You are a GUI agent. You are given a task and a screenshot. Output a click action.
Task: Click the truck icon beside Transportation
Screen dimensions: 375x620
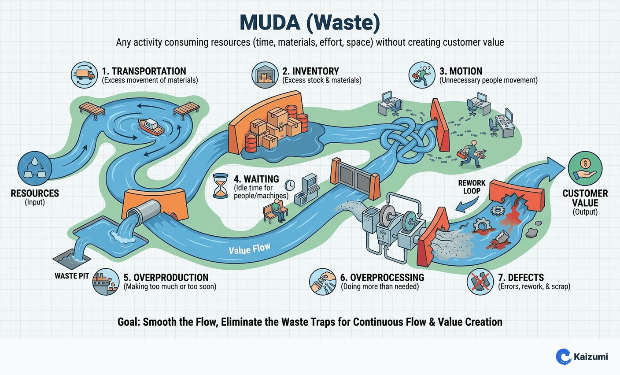pyautogui.click(x=84, y=75)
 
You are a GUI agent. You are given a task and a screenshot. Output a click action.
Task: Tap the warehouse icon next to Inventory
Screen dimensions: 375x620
pyautogui.click(x=265, y=75)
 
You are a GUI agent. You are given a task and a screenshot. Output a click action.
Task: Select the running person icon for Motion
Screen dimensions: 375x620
pyautogui.click(x=422, y=75)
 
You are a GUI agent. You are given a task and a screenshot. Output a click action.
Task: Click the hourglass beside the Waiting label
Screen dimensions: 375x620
pyautogui.click(x=221, y=186)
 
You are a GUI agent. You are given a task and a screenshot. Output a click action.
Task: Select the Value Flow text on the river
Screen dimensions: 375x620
pyautogui.click(x=249, y=249)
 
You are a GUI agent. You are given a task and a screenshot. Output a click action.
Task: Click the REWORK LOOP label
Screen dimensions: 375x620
pyautogui.click(x=472, y=187)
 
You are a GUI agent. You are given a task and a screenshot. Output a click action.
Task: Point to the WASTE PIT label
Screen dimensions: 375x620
pyautogui.click(x=72, y=276)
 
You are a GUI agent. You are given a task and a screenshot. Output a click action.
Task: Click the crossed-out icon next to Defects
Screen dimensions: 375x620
pyautogui.click(x=480, y=282)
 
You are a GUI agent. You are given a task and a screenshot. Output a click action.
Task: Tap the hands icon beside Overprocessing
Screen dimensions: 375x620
pyautogui.click(x=322, y=282)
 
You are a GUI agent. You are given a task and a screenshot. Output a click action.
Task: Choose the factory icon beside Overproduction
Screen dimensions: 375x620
pyautogui.click(x=106, y=282)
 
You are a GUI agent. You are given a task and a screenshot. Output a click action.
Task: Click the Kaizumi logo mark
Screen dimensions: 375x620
pyautogui.click(x=563, y=356)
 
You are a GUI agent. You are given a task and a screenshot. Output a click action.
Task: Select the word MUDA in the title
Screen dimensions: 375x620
pyautogui.click(x=268, y=23)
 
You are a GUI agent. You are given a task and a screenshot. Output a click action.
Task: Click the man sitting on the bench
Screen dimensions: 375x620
pyautogui.click(x=277, y=210)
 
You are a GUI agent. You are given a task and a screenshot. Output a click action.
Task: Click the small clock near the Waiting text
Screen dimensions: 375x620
pyautogui.click(x=289, y=184)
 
